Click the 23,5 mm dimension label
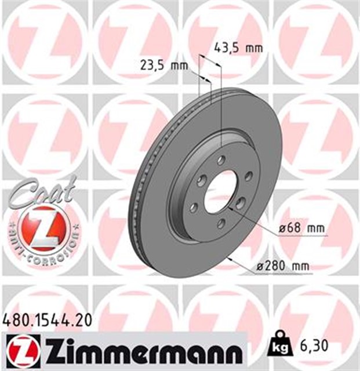click(165, 66)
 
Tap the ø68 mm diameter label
click(301, 228)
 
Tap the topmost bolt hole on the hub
click(221, 160)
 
